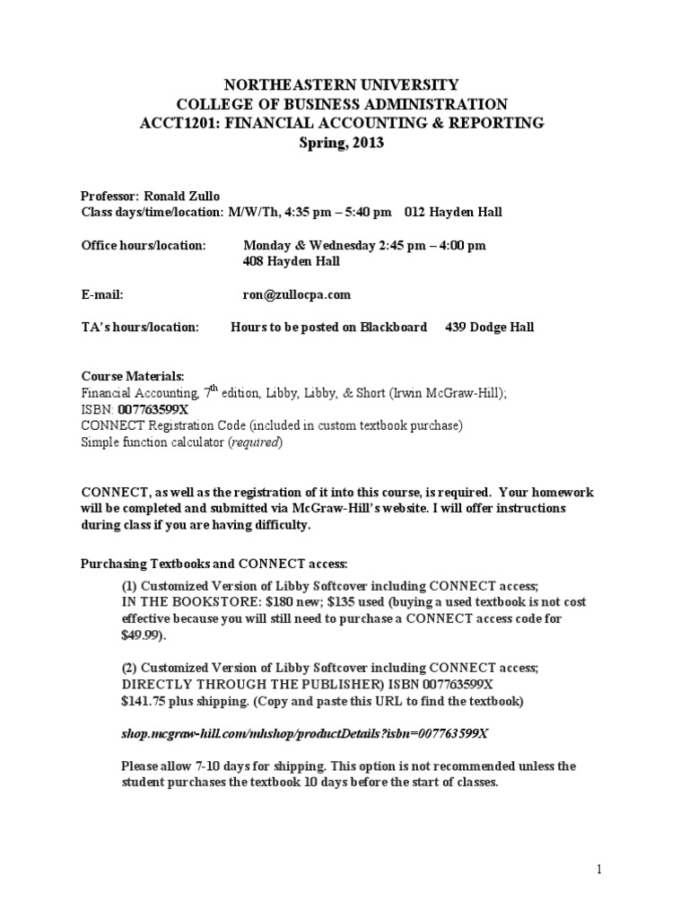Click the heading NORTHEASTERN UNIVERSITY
(x=344, y=85)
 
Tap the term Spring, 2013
(x=344, y=142)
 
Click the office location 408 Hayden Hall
(x=292, y=262)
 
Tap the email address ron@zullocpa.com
(x=297, y=294)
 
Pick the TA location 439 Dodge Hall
(x=489, y=327)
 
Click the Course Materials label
(x=133, y=375)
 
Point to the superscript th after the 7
(x=212, y=388)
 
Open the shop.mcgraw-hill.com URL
(x=304, y=733)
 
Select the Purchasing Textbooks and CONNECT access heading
(x=214, y=563)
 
